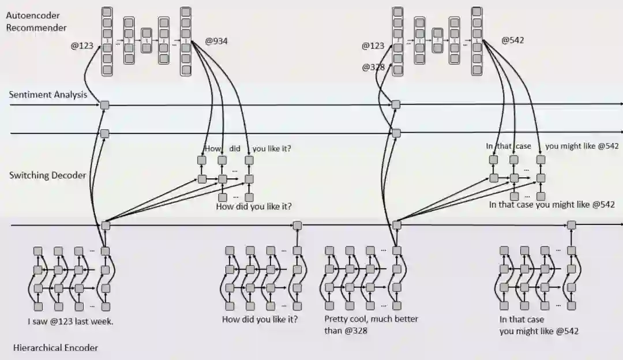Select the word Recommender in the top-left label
click(x=36, y=27)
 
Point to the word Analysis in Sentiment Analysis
click(x=69, y=95)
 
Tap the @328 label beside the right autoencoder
click(x=373, y=67)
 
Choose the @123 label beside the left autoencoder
click(x=82, y=45)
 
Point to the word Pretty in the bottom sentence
click(x=336, y=319)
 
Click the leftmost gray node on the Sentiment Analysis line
click(x=104, y=105)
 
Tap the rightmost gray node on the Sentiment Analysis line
click(x=396, y=105)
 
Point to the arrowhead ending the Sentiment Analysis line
click(x=620, y=105)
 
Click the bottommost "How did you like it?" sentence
click(x=260, y=319)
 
